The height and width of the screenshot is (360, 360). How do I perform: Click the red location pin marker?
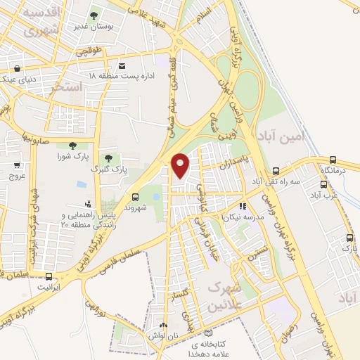click(181, 165)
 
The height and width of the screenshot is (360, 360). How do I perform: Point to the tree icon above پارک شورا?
click(72, 145)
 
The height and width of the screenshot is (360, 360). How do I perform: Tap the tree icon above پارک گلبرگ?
click(108, 158)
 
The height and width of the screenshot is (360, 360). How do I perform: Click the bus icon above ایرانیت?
click(49, 276)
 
